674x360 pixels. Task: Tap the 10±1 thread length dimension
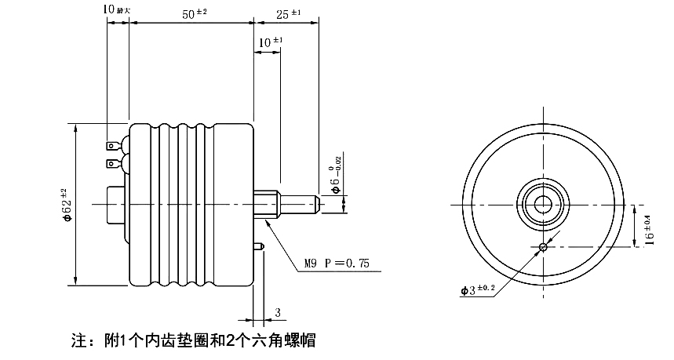271,42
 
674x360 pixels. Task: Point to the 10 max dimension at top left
118,9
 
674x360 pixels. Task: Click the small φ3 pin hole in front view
542,248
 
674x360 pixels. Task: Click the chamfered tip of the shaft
315,205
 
